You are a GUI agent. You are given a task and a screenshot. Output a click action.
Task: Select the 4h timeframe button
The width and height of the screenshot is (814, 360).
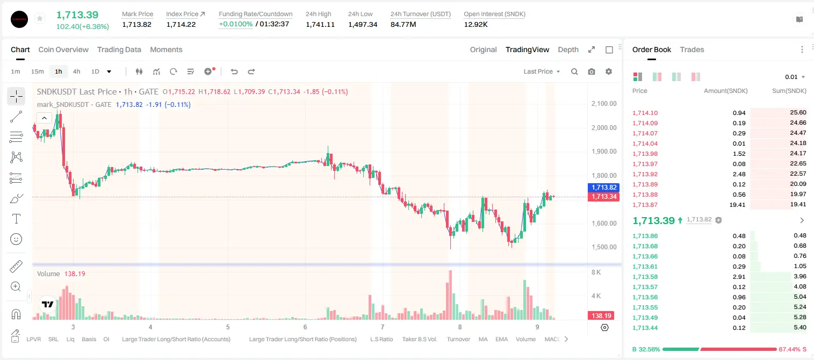76,71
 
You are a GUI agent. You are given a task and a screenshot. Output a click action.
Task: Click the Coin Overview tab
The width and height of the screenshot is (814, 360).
63,49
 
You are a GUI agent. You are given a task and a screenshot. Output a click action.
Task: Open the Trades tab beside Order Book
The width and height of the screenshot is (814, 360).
692,49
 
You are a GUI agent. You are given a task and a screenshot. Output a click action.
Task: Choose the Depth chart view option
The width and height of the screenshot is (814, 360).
568,49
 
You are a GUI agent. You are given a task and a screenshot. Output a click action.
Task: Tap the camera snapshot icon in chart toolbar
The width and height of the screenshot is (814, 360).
592,71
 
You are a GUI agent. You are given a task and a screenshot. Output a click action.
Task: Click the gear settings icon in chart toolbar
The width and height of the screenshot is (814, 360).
609,71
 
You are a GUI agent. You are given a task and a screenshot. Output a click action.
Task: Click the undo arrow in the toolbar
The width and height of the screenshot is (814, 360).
234,71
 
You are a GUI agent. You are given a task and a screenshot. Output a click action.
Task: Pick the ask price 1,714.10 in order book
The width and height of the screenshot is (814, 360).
645,113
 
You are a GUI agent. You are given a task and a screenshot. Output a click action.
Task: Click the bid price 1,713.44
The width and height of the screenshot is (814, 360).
645,328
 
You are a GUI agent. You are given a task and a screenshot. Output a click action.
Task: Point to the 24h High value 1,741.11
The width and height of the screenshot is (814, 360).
320,24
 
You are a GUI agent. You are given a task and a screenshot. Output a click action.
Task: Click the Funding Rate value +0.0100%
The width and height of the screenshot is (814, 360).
235,24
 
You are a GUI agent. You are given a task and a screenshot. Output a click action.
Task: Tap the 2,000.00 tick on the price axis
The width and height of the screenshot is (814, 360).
604,127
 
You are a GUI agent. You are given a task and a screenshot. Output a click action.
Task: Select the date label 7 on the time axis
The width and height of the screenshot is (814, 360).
383,327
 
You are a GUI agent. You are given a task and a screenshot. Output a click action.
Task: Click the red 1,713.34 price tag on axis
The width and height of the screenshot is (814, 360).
603,197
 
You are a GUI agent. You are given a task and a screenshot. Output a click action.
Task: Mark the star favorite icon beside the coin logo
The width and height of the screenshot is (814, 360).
40,18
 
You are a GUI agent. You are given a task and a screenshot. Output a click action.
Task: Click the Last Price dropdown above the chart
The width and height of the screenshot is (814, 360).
542,71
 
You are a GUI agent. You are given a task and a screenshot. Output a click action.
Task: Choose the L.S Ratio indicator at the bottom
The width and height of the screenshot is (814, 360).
381,339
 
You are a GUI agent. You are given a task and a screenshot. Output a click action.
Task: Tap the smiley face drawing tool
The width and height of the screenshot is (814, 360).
16,239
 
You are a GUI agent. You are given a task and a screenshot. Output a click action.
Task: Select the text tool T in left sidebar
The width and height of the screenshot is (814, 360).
16,219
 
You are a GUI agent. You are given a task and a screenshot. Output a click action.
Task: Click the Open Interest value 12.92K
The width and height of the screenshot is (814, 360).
476,24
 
